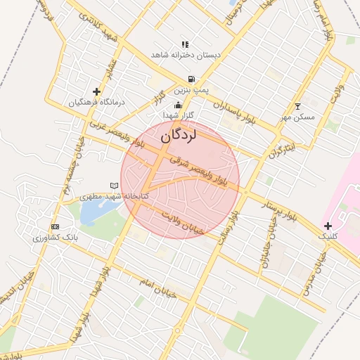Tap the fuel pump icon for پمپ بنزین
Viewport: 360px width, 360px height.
191,79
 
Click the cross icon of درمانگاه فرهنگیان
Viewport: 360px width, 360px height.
96,91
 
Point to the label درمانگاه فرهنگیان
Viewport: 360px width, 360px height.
96,103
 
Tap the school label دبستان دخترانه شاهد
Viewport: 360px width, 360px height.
187,54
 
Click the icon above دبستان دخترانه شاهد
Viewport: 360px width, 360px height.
185,44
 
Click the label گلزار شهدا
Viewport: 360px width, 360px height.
178,115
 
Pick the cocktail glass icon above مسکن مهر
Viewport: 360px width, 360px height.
297,106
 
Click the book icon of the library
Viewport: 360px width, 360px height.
114,186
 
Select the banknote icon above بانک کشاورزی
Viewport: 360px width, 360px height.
56,226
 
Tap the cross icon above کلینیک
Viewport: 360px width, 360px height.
328,226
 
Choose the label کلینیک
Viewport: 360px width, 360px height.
328,237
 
